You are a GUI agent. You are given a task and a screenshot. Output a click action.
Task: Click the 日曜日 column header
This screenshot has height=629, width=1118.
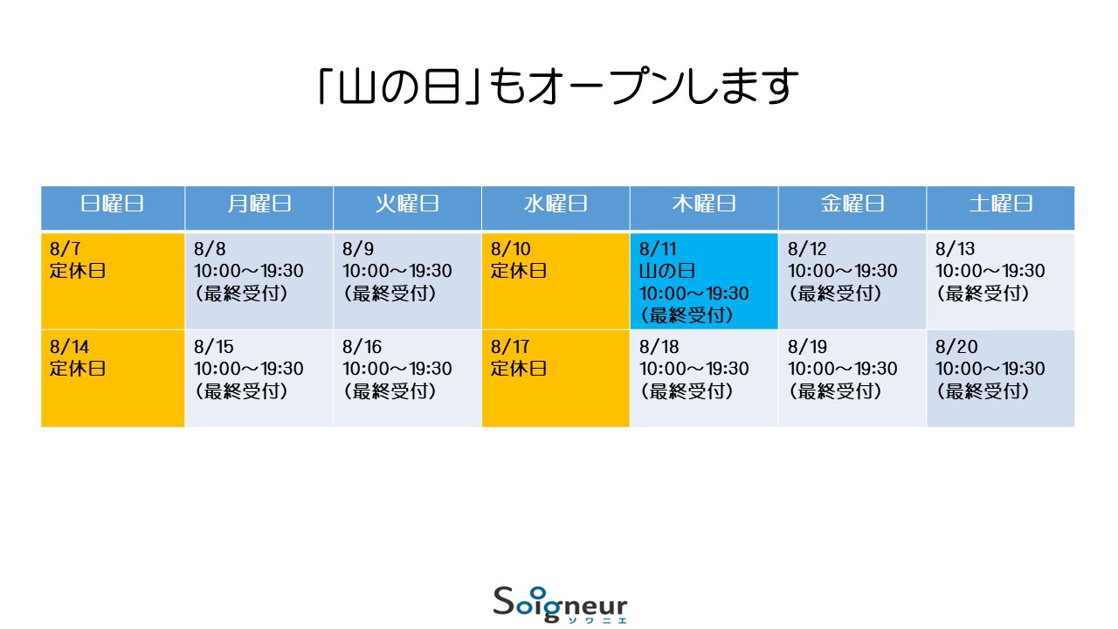coord(113,204)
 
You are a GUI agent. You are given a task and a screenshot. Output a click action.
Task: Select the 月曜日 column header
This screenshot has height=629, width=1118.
coord(259,204)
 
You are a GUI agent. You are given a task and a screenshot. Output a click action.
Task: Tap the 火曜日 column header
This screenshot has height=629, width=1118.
coord(407,204)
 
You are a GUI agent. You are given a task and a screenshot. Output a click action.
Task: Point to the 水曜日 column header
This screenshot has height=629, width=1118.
coord(556,204)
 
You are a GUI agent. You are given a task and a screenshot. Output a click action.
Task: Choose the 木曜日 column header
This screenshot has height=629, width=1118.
coord(704,204)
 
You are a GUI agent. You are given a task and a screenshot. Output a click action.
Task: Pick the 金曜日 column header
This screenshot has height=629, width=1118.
coord(852,204)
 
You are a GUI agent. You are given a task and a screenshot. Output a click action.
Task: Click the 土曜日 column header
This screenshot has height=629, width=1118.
coord(1001,204)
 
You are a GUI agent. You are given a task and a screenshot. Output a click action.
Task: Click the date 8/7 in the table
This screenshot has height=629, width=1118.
coord(66,249)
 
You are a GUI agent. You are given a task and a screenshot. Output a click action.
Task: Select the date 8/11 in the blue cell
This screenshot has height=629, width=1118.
coord(658,249)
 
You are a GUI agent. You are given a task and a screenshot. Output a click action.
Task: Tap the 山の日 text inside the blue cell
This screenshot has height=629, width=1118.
coord(667,271)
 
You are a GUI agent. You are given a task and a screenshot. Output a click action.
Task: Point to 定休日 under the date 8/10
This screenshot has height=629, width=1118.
coord(519,271)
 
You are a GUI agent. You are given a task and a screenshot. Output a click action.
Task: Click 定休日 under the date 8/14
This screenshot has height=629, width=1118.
coord(78,369)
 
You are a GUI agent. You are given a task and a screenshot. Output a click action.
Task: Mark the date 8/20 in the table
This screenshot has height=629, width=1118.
coord(956,347)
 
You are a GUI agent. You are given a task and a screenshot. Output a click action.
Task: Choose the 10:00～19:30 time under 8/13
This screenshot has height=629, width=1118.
coord(990,271)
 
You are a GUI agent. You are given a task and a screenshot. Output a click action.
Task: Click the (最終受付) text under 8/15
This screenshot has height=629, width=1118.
coord(241,391)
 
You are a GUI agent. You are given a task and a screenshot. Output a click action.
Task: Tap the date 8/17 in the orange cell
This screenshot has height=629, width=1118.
coord(510,347)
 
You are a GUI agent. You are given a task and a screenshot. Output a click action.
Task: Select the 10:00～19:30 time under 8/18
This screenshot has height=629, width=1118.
coord(694,369)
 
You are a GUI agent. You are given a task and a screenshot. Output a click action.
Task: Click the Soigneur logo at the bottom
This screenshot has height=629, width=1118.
coord(560,605)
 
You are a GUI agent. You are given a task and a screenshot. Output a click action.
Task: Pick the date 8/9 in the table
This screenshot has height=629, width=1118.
coord(358,249)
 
